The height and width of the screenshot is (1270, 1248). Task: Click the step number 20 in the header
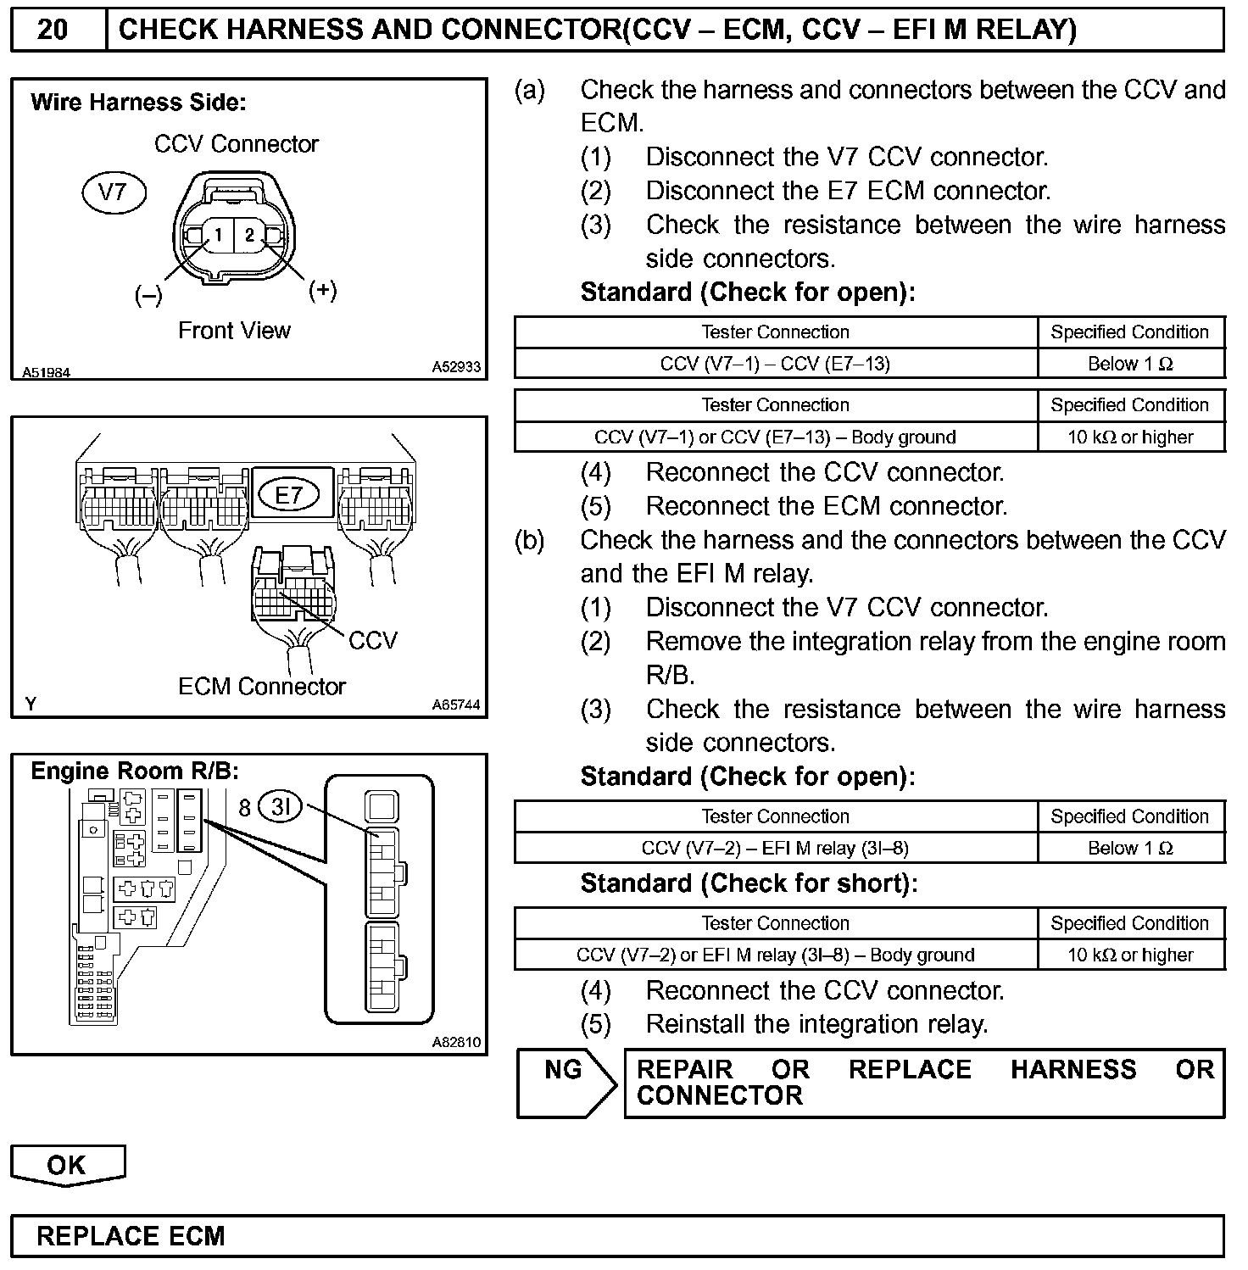coord(53,30)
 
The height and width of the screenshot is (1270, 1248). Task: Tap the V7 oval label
coord(114,192)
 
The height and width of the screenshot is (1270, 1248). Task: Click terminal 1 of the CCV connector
coord(218,235)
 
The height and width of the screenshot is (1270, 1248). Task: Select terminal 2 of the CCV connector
coord(249,235)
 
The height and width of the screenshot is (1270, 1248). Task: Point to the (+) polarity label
coord(322,290)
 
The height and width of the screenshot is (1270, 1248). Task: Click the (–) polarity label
coord(148,295)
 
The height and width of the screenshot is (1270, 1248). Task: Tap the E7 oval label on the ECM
coord(288,494)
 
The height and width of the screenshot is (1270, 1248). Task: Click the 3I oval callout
coord(280,806)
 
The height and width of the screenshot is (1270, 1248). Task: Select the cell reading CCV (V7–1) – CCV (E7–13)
coord(775,364)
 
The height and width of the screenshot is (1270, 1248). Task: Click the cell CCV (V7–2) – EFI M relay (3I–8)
coord(775,848)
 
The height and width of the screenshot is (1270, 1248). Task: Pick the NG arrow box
coord(565,1083)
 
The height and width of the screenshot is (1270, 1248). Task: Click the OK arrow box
coord(67,1165)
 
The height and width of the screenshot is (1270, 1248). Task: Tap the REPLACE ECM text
coord(131,1236)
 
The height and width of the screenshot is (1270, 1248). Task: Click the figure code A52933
coord(456,367)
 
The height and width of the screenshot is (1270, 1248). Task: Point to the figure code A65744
coord(456,705)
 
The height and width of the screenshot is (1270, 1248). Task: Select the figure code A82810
coord(456,1042)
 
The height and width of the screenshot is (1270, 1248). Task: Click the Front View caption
coord(234,331)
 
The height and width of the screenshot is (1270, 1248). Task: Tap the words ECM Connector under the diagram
coord(262,686)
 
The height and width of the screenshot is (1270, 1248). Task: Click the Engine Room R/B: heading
coord(135,771)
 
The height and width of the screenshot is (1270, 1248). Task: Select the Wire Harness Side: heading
coord(138,103)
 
